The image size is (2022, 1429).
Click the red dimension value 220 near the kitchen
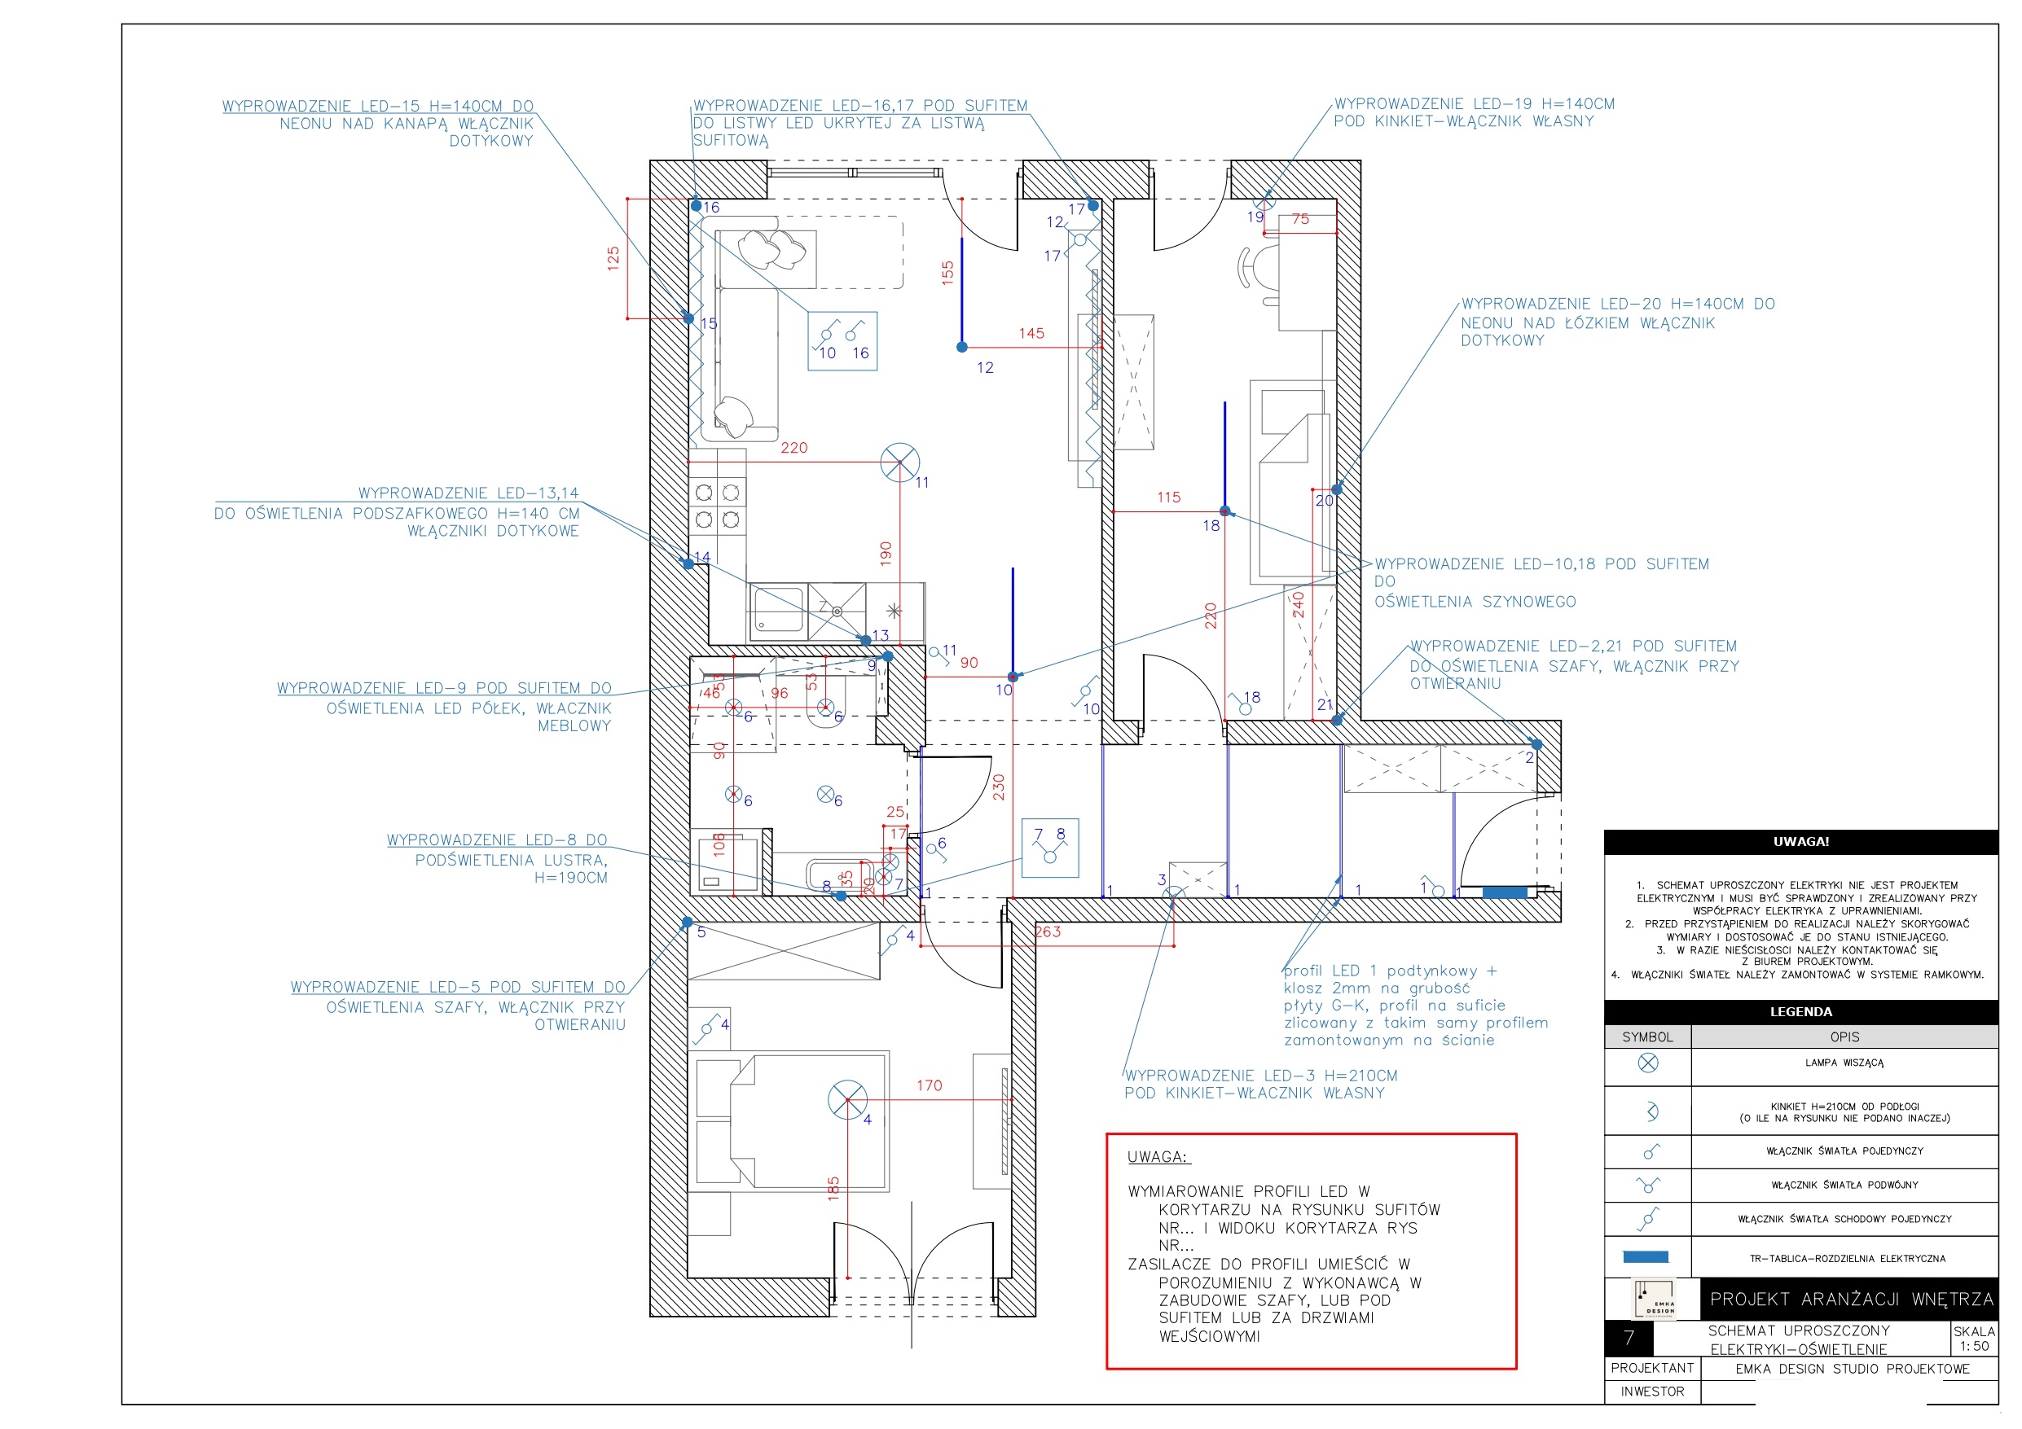coord(793,447)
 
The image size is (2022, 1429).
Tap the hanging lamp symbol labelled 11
coord(899,462)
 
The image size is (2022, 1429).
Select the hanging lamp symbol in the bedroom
coord(847,1100)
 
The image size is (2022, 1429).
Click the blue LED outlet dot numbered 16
coord(696,206)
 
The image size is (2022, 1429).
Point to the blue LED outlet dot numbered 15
coord(688,318)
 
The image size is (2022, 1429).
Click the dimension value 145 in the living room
coord(1031,334)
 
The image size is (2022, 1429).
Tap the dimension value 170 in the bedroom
coord(929,1085)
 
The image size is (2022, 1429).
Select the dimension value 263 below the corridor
coord(1048,931)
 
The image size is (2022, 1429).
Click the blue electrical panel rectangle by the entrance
coord(1504,892)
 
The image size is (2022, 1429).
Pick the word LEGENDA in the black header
coord(1800,1011)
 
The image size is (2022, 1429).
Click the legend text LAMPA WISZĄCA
coord(1844,1063)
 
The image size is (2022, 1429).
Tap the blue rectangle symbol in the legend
coord(1645,1257)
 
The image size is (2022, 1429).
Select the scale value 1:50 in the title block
coord(1974,1345)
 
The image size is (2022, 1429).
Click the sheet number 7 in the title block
coord(1629,1339)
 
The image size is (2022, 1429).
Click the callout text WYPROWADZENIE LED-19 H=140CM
coord(1474,104)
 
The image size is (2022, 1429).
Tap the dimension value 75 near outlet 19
coord(1300,219)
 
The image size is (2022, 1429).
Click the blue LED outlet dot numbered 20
coord(1336,489)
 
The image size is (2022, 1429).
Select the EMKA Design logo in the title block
coord(1653,1299)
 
